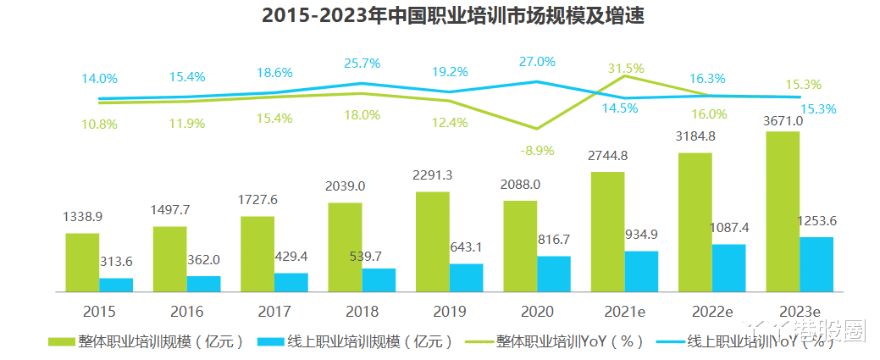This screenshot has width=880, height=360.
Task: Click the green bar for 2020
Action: pyautogui.click(x=519, y=246)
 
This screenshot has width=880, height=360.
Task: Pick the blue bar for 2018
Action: pyautogui.click(x=379, y=280)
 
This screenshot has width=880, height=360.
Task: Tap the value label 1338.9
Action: pyautogui.click(x=82, y=218)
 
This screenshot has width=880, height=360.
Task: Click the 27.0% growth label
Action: pyautogui.click(x=537, y=62)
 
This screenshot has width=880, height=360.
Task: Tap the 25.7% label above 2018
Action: pyautogui.click(x=362, y=64)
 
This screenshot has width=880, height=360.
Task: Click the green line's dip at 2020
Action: pyautogui.click(x=536, y=129)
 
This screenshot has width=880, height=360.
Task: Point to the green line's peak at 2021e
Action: pyautogui.click(x=624, y=76)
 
